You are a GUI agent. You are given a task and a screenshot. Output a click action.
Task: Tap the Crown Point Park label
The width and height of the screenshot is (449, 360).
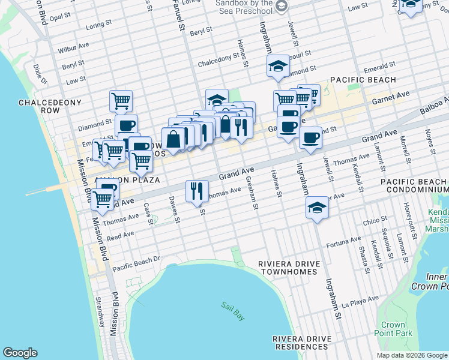tap(393, 329)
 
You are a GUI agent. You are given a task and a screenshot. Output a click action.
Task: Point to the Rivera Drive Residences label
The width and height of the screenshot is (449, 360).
tap(301, 343)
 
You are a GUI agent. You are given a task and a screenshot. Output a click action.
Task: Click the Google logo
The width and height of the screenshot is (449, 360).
tap(20, 353)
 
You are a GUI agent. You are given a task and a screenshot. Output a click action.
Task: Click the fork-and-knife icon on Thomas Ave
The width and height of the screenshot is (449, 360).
tap(197, 191)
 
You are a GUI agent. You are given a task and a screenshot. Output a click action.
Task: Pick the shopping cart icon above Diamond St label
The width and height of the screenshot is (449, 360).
tap(121, 100)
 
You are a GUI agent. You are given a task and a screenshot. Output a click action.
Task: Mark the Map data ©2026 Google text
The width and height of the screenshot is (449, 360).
tap(411, 355)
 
